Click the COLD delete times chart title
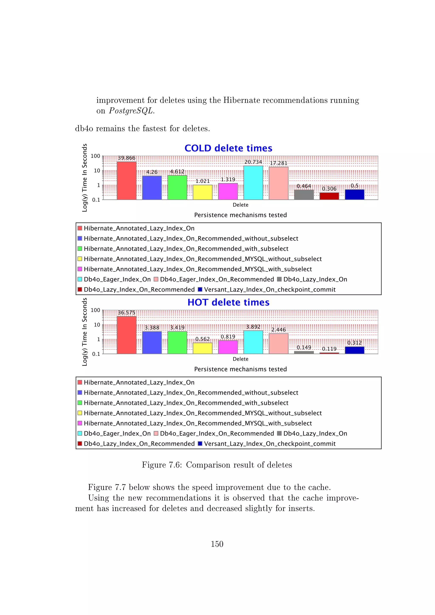coord(228,148)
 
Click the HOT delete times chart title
coord(228,302)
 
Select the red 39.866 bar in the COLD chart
coord(126,181)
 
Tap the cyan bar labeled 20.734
coord(253,183)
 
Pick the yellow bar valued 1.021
coord(202,192)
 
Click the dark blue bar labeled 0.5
coord(354,195)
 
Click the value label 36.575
coord(126,313)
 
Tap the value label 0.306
coord(329,189)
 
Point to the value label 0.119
coord(329,349)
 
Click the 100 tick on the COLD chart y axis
coord(95,156)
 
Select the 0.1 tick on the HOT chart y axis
coord(96,354)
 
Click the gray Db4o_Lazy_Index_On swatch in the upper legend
coord(279,279)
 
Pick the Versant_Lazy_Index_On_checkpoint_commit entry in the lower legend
coord(270,444)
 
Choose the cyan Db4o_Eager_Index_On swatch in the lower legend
coord(80,433)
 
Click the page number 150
coord(217,544)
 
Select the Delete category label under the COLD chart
coord(240,205)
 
